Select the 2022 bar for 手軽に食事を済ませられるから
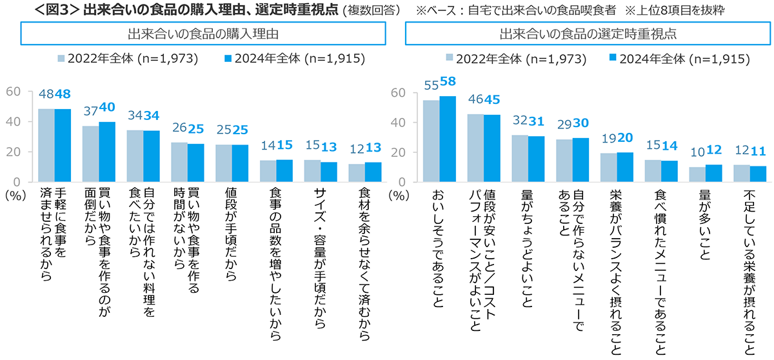coord(46,145)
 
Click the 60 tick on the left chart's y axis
coord(15,92)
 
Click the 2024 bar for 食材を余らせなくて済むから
coord(373,172)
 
